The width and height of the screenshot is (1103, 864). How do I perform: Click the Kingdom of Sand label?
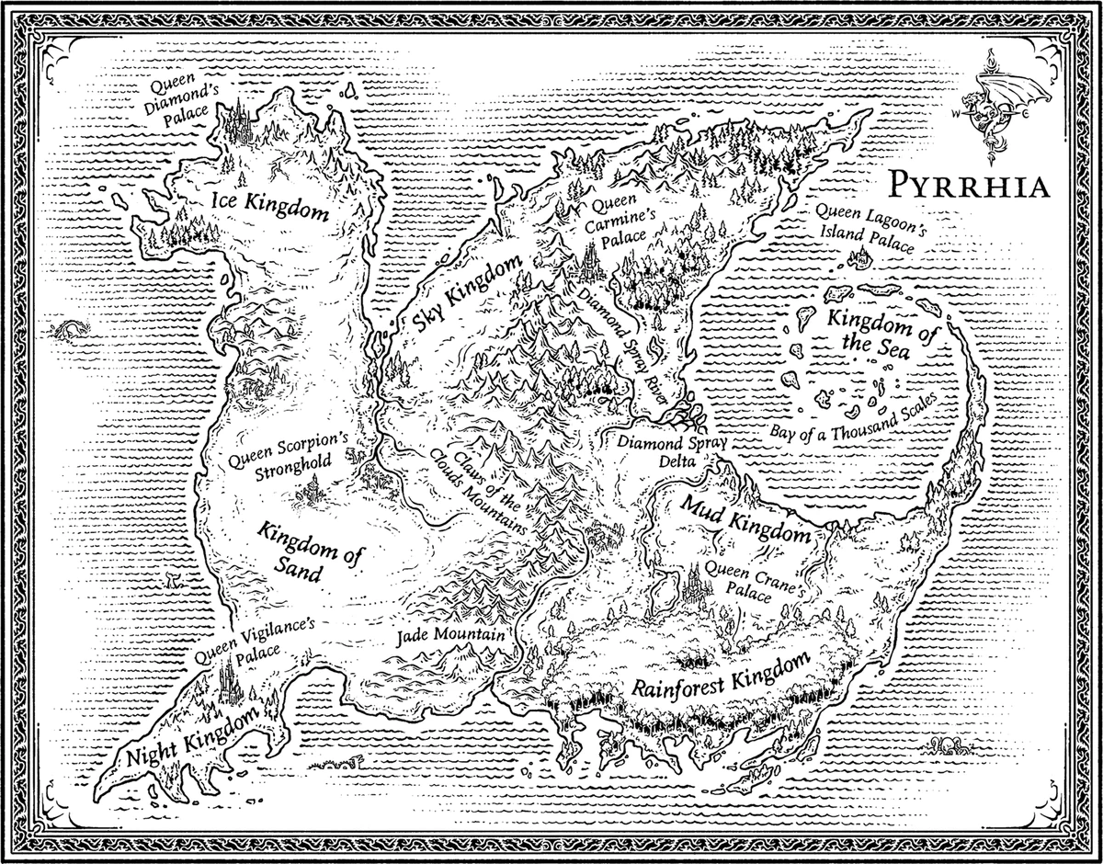[x=297, y=551]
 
